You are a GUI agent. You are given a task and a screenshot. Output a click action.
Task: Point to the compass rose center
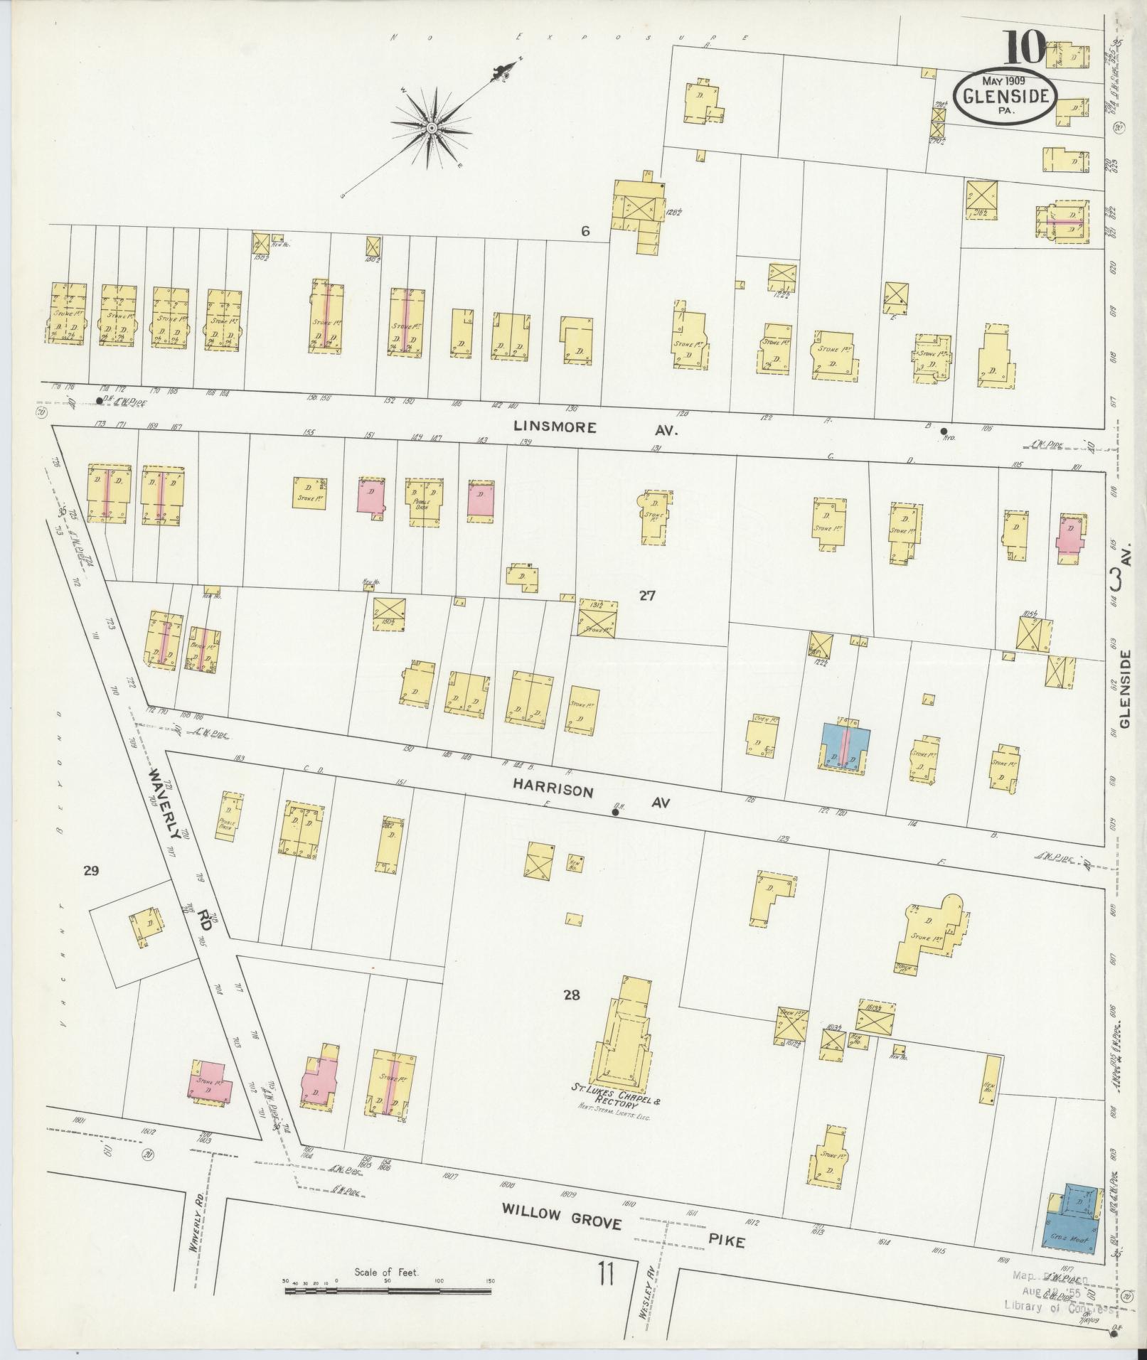(431, 128)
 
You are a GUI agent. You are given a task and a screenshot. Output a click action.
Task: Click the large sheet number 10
(1025, 48)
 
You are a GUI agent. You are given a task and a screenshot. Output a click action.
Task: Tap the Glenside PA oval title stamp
(1005, 97)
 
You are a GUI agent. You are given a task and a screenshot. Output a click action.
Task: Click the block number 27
(646, 596)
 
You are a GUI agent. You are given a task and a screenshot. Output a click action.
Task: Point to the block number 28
(572, 995)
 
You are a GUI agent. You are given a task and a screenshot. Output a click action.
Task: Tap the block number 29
(90, 870)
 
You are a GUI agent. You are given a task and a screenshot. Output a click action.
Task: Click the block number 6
(585, 231)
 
